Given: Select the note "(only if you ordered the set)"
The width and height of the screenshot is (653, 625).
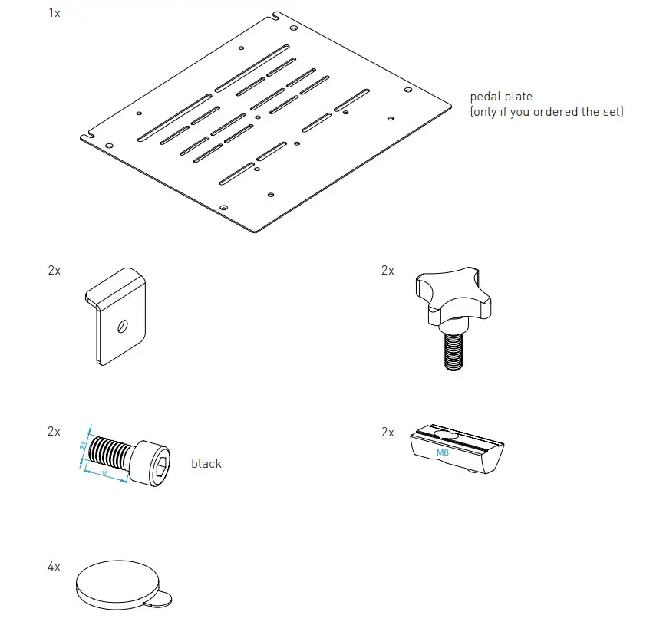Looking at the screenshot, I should tap(546, 112).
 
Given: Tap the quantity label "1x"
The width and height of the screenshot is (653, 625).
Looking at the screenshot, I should tap(54, 13).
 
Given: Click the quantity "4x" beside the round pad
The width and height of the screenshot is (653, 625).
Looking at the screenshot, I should tap(54, 567).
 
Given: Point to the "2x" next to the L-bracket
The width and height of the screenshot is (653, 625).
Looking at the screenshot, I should tap(54, 271).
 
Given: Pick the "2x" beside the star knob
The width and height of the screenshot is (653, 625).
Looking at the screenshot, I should tap(388, 271).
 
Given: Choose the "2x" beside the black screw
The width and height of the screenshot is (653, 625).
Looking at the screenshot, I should tap(54, 432).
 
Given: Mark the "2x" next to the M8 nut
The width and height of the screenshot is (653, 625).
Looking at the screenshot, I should tap(388, 433).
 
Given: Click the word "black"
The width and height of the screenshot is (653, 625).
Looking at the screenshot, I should tap(206, 463).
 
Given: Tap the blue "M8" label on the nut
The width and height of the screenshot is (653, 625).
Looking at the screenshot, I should tap(443, 453).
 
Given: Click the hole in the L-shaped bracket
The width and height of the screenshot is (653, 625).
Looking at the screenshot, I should tap(122, 327).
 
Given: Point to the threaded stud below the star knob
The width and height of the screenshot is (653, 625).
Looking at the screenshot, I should tap(453, 351).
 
